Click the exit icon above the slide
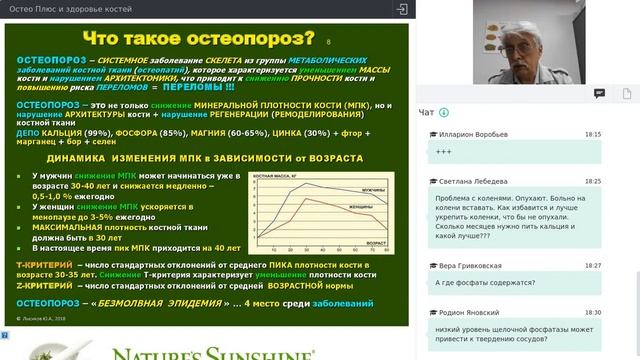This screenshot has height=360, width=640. click(401, 9)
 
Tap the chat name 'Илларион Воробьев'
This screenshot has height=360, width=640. click(471, 134)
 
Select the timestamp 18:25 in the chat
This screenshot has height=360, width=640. click(593, 181)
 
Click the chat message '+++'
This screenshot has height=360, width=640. click(443, 151)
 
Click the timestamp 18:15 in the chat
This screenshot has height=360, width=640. click(593, 134)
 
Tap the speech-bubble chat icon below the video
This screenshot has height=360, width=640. click(599, 93)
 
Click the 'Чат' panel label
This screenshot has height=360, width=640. click(427, 112)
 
